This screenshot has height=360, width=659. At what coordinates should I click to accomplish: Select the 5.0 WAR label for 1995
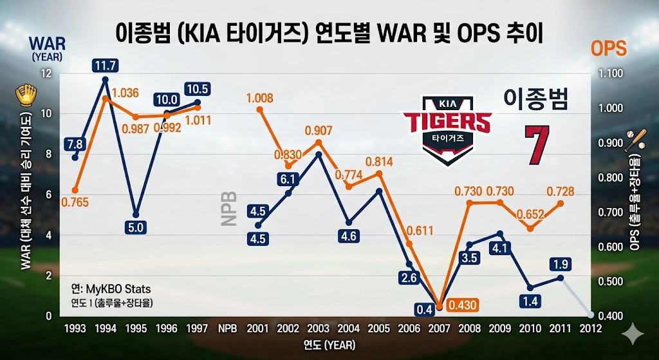pyautogui.click(x=136, y=227)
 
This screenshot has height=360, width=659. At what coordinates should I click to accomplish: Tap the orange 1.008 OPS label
pyautogui.click(x=259, y=99)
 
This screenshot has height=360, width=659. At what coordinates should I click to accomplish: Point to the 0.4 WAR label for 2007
pyautogui.click(x=424, y=310)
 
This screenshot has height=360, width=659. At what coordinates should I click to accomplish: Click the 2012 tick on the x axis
pyautogui.click(x=591, y=328)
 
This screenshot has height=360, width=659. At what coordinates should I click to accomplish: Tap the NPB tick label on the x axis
pyautogui.click(x=228, y=328)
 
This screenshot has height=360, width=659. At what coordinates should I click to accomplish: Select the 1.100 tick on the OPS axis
pyautogui.click(x=609, y=73)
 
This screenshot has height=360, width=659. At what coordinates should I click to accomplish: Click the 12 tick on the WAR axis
pyautogui.click(x=45, y=73)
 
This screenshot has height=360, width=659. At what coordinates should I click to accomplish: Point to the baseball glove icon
pyautogui.click(x=26, y=96)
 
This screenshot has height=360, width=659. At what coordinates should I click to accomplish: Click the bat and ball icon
pyautogui.click(x=635, y=138)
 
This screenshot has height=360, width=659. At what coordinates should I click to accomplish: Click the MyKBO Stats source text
pyautogui.click(x=111, y=289)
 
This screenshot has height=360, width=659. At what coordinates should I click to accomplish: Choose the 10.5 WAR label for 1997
pyautogui.click(x=197, y=89)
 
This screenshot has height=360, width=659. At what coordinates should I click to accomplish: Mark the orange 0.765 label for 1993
pyautogui.click(x=75, y=202)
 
